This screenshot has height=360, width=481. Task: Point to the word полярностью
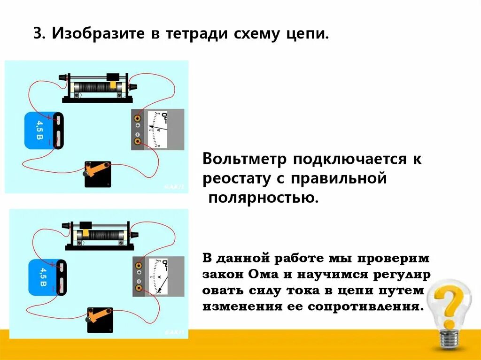[263, 197]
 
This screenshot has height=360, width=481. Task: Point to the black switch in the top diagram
[98, 174]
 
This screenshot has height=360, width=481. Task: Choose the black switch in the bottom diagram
[100, 320]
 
